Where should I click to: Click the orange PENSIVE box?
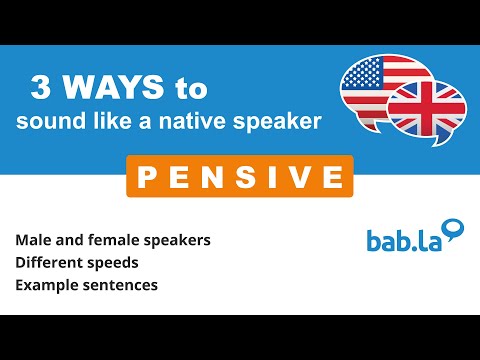(x=240, y=177)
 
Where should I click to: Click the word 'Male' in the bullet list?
(x=34, y=241)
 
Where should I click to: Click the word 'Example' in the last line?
(x=46, y=285)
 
